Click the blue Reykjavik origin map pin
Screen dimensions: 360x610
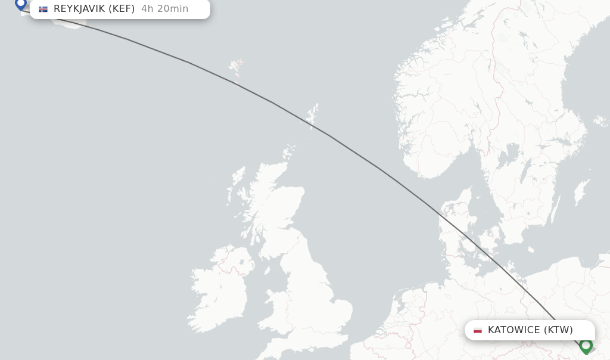[21, 4]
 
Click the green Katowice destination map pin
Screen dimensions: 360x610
[586, 345]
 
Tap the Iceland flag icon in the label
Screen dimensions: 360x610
[43, 9]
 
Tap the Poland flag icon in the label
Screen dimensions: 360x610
[478, 330]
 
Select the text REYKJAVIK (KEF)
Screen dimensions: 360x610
[94, 9]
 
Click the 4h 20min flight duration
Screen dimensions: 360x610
[165, 9]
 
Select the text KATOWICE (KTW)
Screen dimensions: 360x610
[530, 330]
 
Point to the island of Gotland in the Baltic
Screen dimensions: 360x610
[578, 194]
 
